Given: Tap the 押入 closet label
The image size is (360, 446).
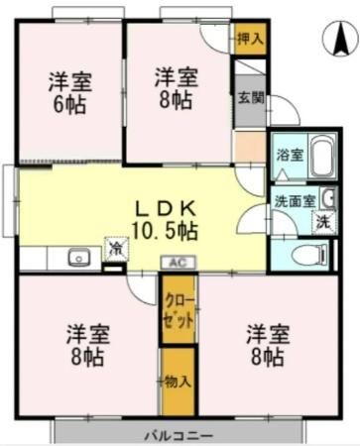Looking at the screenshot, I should point(248,40).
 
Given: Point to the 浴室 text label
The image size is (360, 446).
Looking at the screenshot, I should point(289,155).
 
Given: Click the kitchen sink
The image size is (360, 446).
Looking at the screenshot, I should point(78,258).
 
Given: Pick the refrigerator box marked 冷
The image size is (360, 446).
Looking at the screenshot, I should point(117,248).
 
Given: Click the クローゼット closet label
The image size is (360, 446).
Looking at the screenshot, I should point(179,309).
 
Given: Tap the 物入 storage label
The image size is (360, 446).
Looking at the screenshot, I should point(179,381).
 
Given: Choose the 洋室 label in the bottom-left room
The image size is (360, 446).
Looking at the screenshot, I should point(87,331).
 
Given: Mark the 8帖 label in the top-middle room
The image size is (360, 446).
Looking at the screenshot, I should point(175,99).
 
